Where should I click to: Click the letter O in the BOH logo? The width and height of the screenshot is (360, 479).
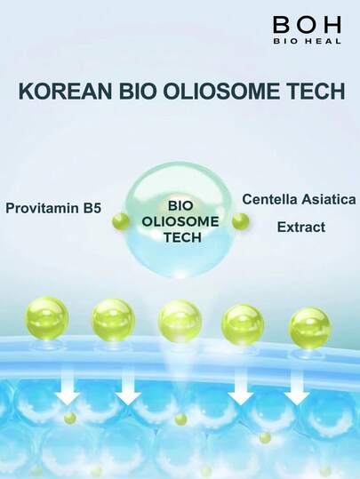pos(307,25)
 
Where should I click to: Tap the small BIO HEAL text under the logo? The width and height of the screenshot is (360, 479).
pos(307,41)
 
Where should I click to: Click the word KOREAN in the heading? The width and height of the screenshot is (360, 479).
pos(65,91)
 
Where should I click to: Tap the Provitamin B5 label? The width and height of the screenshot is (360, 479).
pos(53,208)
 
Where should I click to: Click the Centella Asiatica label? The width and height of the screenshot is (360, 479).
pos(300,199)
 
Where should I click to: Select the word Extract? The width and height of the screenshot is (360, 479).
pos(301,228)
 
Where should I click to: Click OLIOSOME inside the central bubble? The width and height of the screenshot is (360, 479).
pos(180,221)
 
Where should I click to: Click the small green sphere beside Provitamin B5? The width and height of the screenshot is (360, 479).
pos(120,220)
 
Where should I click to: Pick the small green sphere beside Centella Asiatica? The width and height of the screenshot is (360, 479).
pos(241,221)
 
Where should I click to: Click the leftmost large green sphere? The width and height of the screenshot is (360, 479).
pos(46,319)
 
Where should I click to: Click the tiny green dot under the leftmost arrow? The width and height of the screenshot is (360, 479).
pos(70,418)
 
